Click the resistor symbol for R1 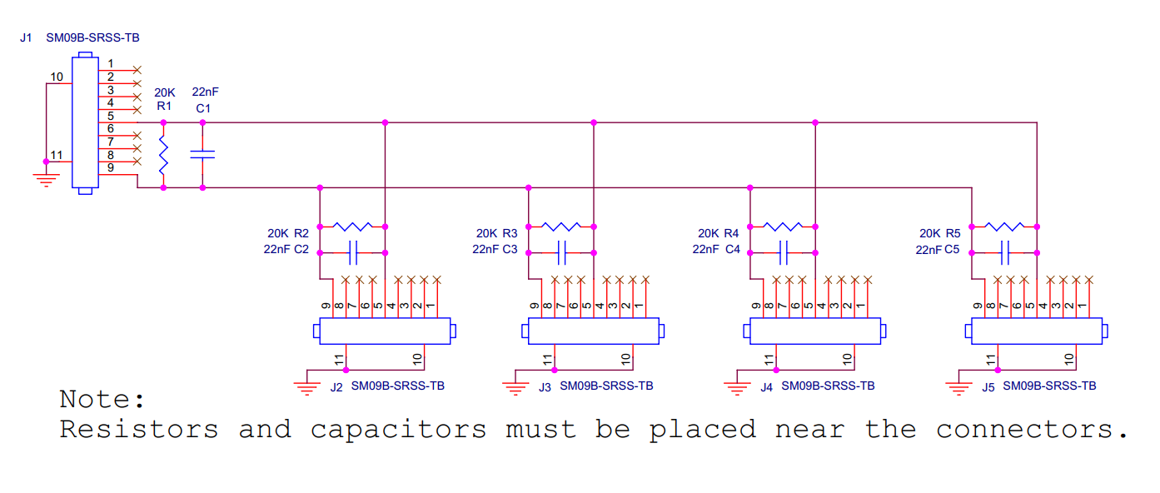pyautogui.click(x=163, y=155)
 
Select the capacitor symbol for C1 pyautogui.click(x=202, y=155)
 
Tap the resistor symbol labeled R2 pyautogui.click(x=352, y=226)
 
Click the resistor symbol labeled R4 pyautogui.click(x=783, y=226)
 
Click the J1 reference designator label pyautogui.click(x=26, y=38)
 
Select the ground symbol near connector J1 pyautogui.click(x=46, y=179)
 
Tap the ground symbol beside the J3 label pyautogui.click(x=516, y=386)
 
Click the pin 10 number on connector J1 pyautogui.click(x=57, y=77)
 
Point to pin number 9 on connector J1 pyautogui.click(x=111, y=168)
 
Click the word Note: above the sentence pyautogui.click(x=102, y=399)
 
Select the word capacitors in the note pyautogui.click(x=398, y=430)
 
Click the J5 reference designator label pyautogui.click(x=988, y=386)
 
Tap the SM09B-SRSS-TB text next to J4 pyautogui.click(x=828, y=386)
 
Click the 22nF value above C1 pyautogui.click(x=205, y=92)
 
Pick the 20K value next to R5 pyautogui.click(x=930, y=233)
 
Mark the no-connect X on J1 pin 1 pyautogui.click(x=137, y=70)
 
